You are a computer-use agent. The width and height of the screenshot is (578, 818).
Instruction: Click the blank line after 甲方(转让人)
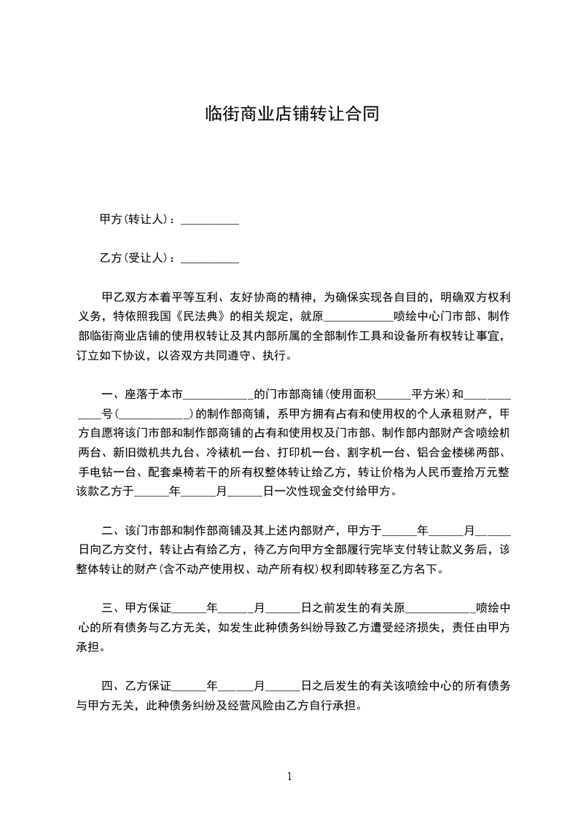coord(210,219)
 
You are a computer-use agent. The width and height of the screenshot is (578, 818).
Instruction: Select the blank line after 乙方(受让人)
coord(210,258)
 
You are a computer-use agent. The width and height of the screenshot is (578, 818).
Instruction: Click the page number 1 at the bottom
coord(289,776)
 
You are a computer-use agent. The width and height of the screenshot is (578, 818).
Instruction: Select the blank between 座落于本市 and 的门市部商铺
coord(217,394)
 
